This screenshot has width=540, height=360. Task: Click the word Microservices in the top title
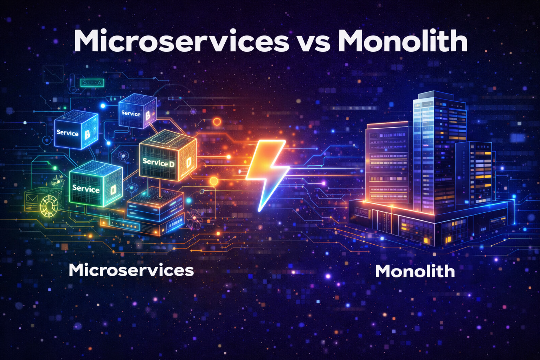tap(181, 41)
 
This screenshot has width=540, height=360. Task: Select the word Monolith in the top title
tap(403, 41)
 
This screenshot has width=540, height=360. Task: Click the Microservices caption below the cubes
tap(131, 270)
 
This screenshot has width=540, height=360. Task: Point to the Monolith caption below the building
tap(415, 271)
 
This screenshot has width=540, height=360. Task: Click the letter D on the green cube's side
tap(113, 191)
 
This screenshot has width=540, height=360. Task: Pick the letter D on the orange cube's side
tap(188, 162)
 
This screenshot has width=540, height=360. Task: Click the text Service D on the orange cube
tap(158, 162)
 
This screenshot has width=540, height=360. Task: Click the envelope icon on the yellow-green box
tap(32, 198)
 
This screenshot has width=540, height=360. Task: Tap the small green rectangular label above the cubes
tap(92, 83)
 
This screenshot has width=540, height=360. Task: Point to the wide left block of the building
tap(387, 162)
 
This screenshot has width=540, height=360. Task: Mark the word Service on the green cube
tap(86, 189)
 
